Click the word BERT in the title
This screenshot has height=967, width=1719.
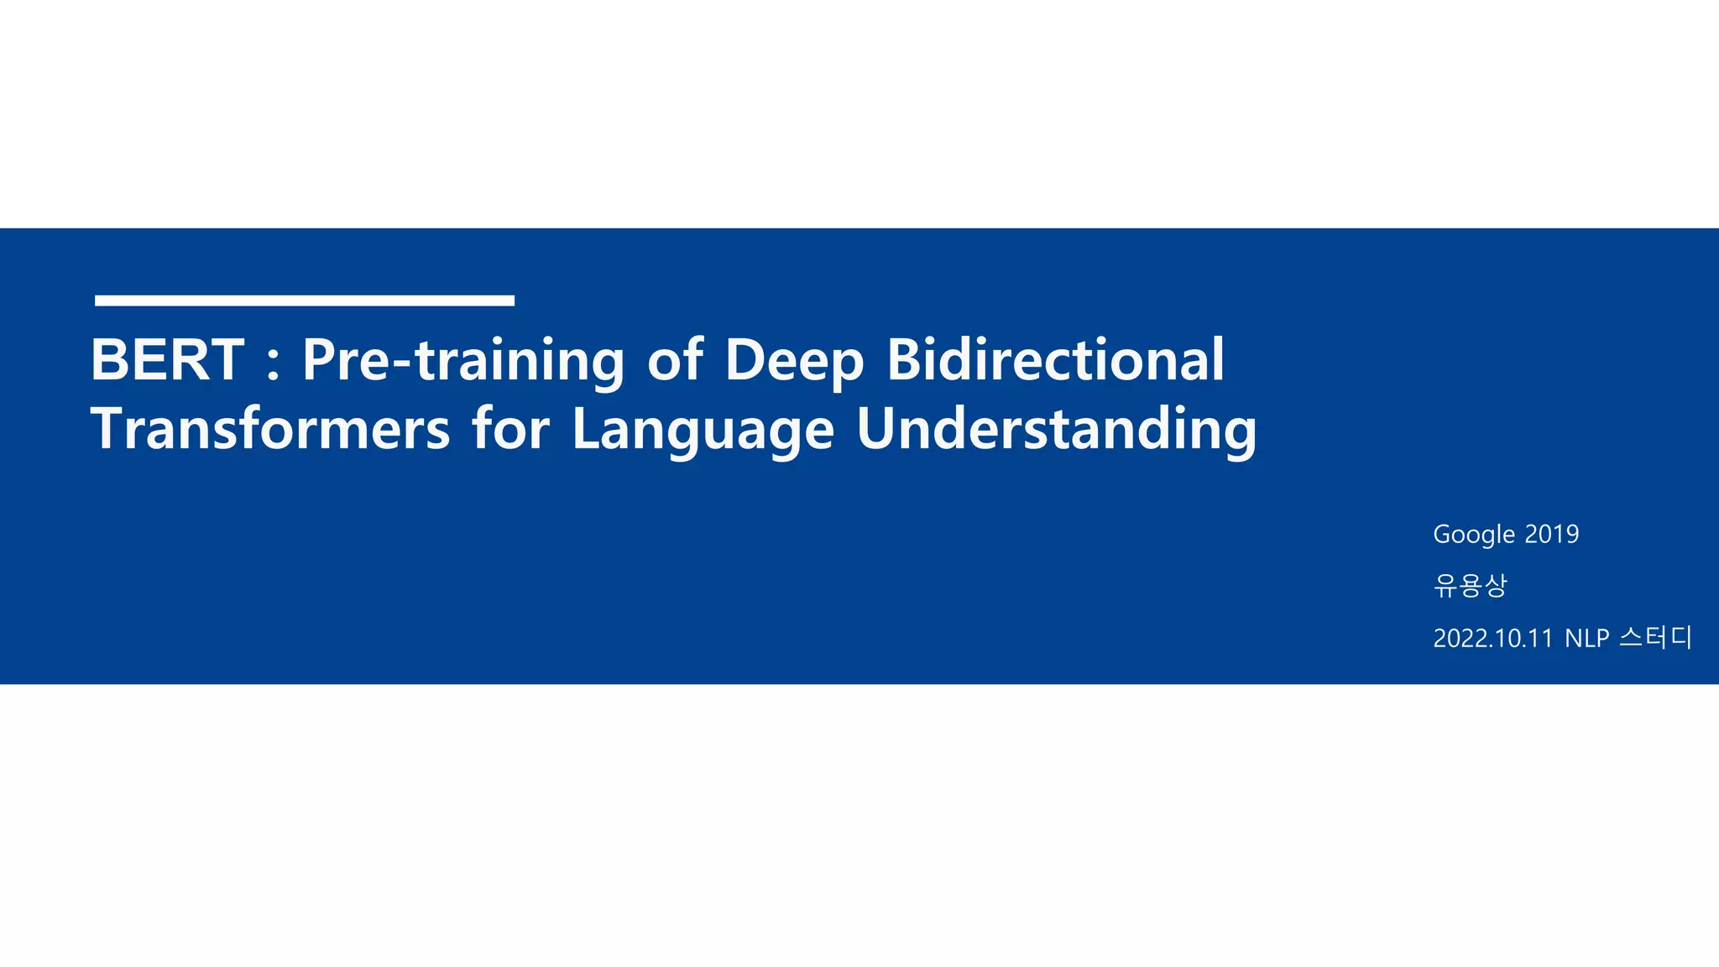[167, 360]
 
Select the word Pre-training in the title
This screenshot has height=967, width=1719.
[463, 361]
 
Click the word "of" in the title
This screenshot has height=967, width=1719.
[675, 360]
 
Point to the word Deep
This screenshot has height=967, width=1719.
[794, 361]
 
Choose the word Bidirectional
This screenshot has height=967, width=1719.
[1055, 360]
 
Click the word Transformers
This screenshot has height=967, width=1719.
[270, 429]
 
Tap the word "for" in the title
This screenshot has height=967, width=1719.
[510, 429]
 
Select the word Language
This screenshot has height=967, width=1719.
[703, 431]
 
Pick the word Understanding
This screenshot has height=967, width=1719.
[1056, 429]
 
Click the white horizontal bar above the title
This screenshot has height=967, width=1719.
[304, 301]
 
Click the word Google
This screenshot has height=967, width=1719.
[1474, 535]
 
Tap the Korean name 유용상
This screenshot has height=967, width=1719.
[1471, 585]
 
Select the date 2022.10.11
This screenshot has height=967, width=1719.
[1493, 639]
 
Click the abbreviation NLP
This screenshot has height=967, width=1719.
[1586, 639]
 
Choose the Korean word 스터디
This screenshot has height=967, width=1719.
[1655, 638]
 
